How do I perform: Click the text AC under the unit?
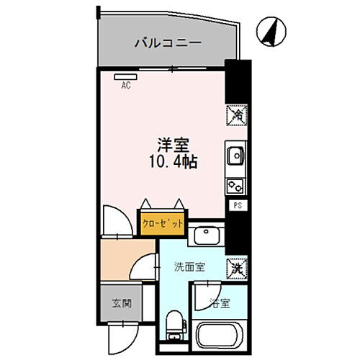pyautogui.click(x=125, y=85)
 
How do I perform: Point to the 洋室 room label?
pyautogui.click(x=173, y=143)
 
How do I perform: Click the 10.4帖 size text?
pyautogui.click(x=174, y=160)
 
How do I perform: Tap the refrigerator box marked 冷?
pyautogui.click(x=236, y=114)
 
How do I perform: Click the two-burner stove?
pyautogui.click(x=235, y=184)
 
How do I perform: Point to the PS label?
pyautogui.click(x=236, y=205)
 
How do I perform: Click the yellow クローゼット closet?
pyautogui.click(x=163, y=222)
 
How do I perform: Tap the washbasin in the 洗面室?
pyautogui.click(x=208, y=234)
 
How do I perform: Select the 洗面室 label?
pyautogui.click(x=189, y=266)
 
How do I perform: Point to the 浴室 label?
pyautogui.click(x=219, y=303)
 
